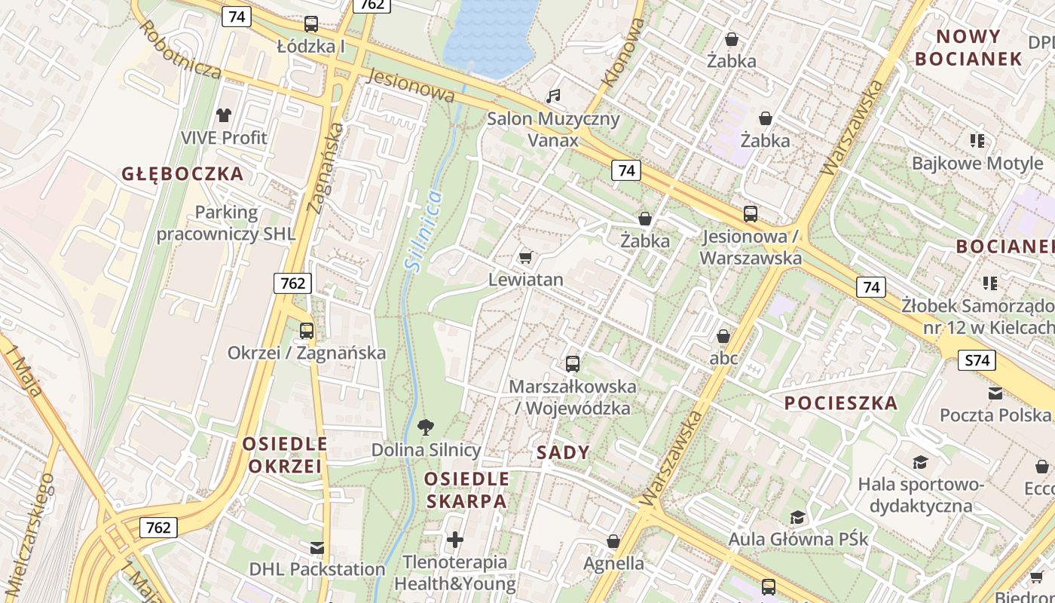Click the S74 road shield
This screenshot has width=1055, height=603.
tap(977, 360)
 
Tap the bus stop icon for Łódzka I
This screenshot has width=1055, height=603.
tap(310, 24)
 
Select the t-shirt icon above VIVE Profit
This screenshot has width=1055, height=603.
tap(224, 115)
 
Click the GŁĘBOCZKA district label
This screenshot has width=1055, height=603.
tap(182, 174)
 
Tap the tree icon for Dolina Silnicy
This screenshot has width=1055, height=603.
tap(426, 427)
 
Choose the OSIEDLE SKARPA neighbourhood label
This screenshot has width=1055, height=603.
tap(466, 490)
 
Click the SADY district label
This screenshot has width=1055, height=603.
tap(563, 452)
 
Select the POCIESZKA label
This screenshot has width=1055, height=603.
tap(841, 403)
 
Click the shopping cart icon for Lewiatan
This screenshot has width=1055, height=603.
tap(526, 258)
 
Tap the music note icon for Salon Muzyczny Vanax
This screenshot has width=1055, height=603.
tap(553, 96)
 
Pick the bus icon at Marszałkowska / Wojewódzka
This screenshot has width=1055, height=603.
tap(573, 364)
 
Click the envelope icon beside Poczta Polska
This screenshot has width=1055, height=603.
tap(995, 393)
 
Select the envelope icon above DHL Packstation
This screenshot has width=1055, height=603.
tap(317, 547)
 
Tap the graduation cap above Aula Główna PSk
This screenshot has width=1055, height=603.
tap(797, 517)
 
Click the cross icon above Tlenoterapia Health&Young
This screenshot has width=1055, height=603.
tap(455, 540)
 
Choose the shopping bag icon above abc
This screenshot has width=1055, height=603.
tap(723, 336)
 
